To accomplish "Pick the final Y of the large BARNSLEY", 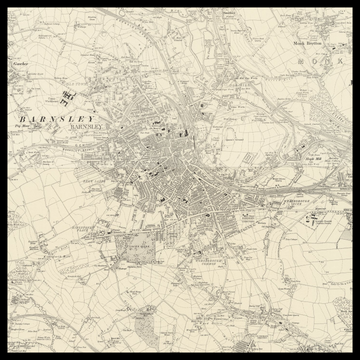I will click(93, 118).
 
